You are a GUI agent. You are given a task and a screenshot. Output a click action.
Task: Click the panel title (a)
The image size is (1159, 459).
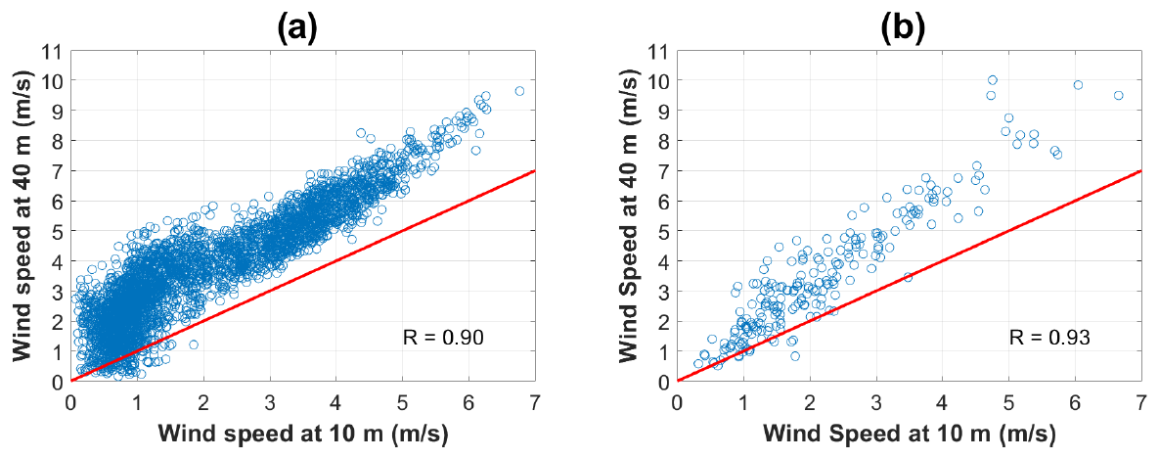coord(297,28)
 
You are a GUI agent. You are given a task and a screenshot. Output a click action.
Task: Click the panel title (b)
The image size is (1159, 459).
coord(903,28)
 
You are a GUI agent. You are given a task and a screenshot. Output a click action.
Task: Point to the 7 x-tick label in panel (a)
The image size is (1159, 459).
coord(535,401)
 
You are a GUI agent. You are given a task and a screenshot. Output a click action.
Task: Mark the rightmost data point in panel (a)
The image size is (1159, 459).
coord(519,91)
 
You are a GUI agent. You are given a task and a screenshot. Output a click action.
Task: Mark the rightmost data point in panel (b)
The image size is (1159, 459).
coord(1118,96)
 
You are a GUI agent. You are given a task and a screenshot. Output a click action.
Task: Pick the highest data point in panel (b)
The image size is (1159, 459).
coord(992,80)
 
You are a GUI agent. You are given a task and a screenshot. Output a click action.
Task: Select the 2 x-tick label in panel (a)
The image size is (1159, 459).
coord(203,401)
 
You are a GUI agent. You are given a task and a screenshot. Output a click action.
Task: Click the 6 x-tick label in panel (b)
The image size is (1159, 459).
coord(1075,401)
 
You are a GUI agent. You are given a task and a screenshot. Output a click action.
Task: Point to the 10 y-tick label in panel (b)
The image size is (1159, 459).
coord(659,79)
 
